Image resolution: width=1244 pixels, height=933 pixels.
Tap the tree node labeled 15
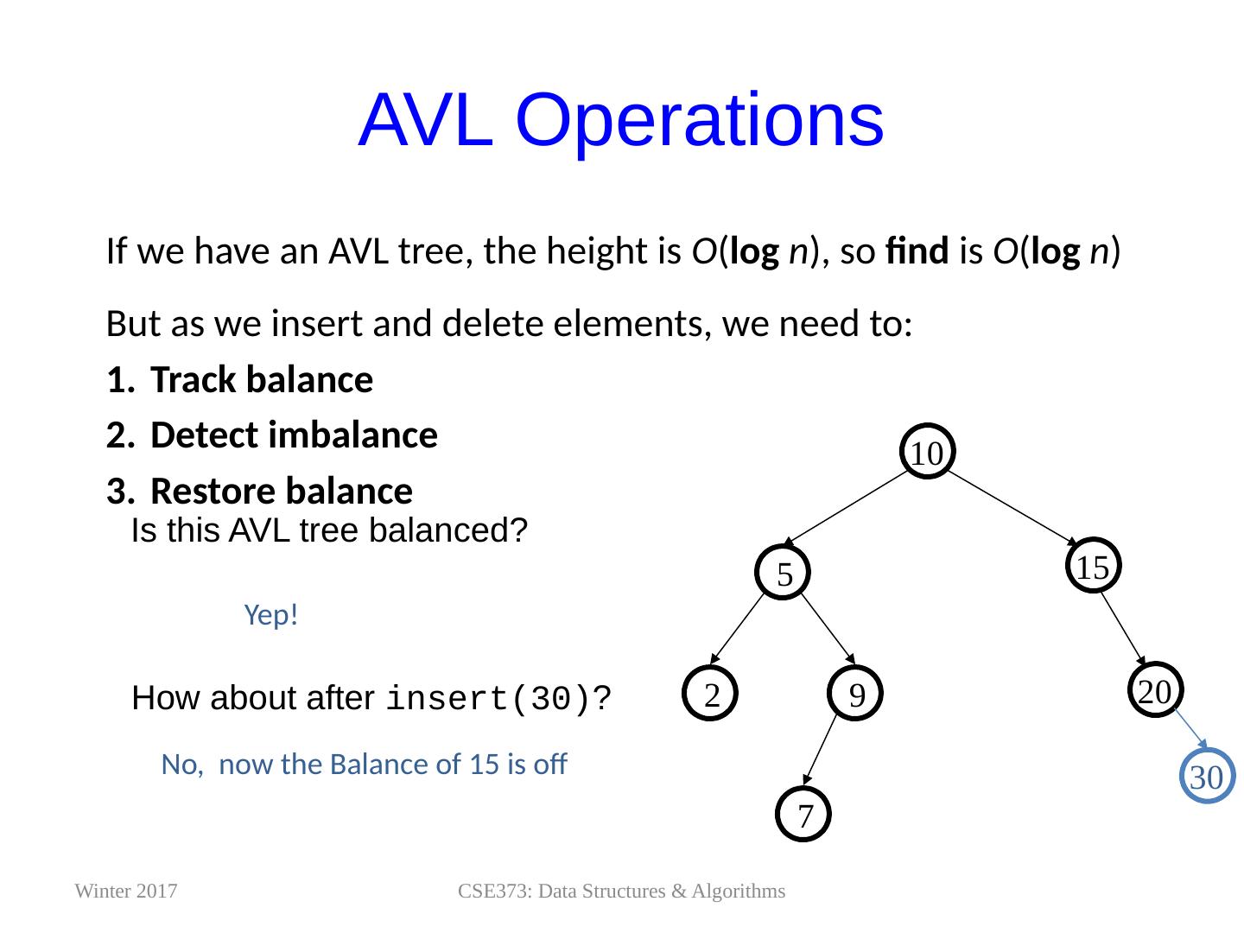[1092, 567]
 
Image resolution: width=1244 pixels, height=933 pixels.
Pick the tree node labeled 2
[712, 694]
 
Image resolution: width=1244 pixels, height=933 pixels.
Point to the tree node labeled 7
[804, 815]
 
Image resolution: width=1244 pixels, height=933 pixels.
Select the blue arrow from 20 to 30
[1190, 729]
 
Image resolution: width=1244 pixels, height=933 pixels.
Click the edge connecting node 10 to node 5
[855, 511]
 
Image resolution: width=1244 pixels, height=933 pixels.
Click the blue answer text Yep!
[271, 615]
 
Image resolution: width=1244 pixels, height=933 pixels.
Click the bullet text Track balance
[261, 380]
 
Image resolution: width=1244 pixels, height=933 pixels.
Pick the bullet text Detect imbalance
[294, 435]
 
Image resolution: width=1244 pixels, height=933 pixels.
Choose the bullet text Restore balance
[281, 491]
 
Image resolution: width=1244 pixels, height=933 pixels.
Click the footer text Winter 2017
[127, 892]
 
